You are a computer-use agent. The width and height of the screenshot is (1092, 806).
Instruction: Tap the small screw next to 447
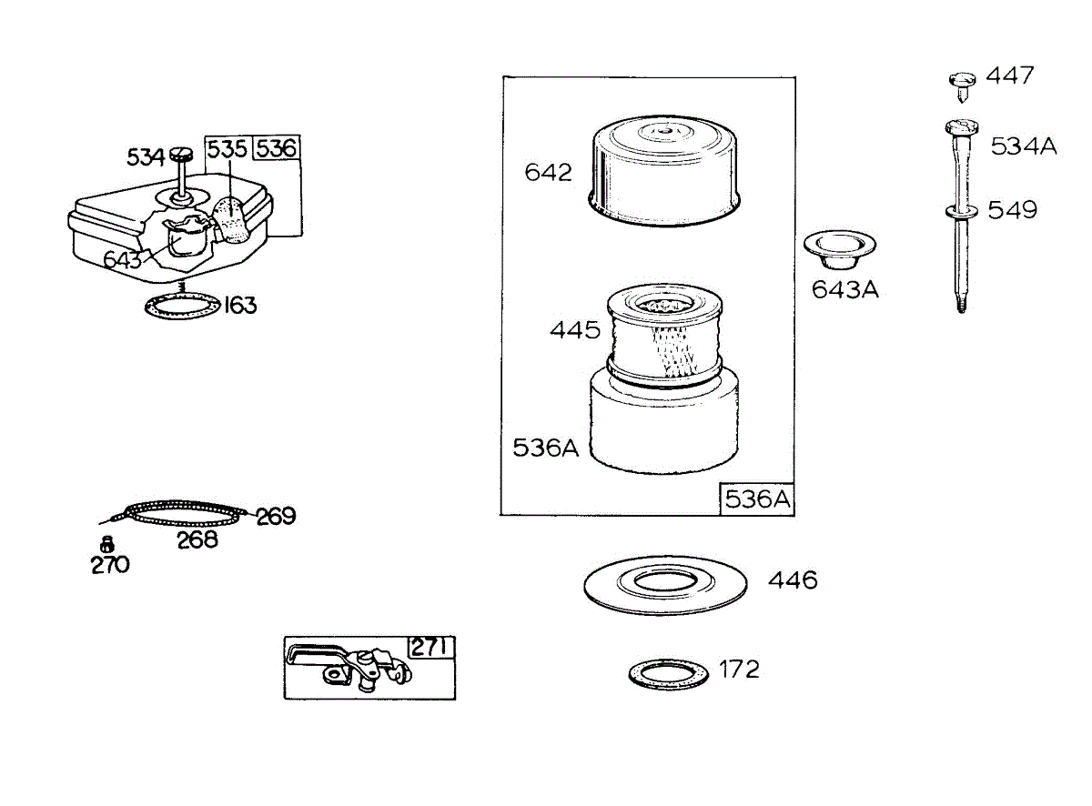962,87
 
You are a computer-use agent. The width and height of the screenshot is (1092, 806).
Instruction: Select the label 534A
1024,146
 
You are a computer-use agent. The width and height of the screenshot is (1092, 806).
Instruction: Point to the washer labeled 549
962,212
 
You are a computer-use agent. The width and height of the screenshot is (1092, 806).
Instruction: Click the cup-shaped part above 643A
839,249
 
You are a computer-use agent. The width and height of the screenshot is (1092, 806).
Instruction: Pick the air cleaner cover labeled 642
664,171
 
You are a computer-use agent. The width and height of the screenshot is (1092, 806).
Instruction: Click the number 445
574,329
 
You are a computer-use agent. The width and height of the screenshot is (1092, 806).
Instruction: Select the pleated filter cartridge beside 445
664,334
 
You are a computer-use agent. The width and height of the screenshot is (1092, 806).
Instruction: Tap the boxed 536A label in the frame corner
757,499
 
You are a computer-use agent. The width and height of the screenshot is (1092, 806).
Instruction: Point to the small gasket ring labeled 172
668,673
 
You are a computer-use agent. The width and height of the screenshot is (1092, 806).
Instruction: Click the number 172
739,670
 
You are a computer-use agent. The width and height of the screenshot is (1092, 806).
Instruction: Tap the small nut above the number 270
106,544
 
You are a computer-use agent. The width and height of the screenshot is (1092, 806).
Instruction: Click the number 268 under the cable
197,540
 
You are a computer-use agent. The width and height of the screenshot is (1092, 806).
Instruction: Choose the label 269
276,516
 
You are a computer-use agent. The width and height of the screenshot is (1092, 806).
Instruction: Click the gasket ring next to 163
183,306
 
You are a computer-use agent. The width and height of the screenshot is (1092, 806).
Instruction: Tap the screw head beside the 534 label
181,155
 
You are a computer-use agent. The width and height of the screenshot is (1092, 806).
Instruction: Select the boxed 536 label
277,147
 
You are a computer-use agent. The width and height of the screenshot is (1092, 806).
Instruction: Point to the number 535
227,148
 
